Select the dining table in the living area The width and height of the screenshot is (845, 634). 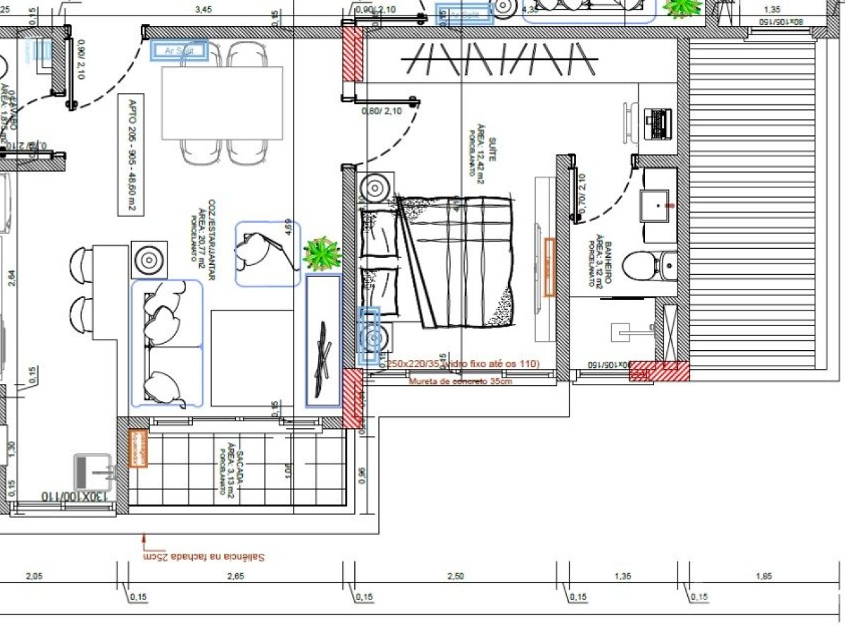(x=222, y=103)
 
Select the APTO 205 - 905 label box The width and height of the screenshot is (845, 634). (x=132, y=155)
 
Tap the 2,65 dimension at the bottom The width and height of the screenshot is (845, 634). (x=235, y=576)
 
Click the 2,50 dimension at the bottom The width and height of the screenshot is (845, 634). (x=456, y=576)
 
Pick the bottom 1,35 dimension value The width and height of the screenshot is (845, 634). (x=622, y=576)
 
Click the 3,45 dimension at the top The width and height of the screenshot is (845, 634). (x=204, y=10)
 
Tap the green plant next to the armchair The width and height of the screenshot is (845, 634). (x=323, y=254)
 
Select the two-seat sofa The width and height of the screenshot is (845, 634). (x=167, y=344)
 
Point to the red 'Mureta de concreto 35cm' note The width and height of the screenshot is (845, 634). (x=460, y=381)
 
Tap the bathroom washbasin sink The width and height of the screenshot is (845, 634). (x=659, y=205)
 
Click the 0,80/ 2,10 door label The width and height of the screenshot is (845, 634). (x=382, y=111)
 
